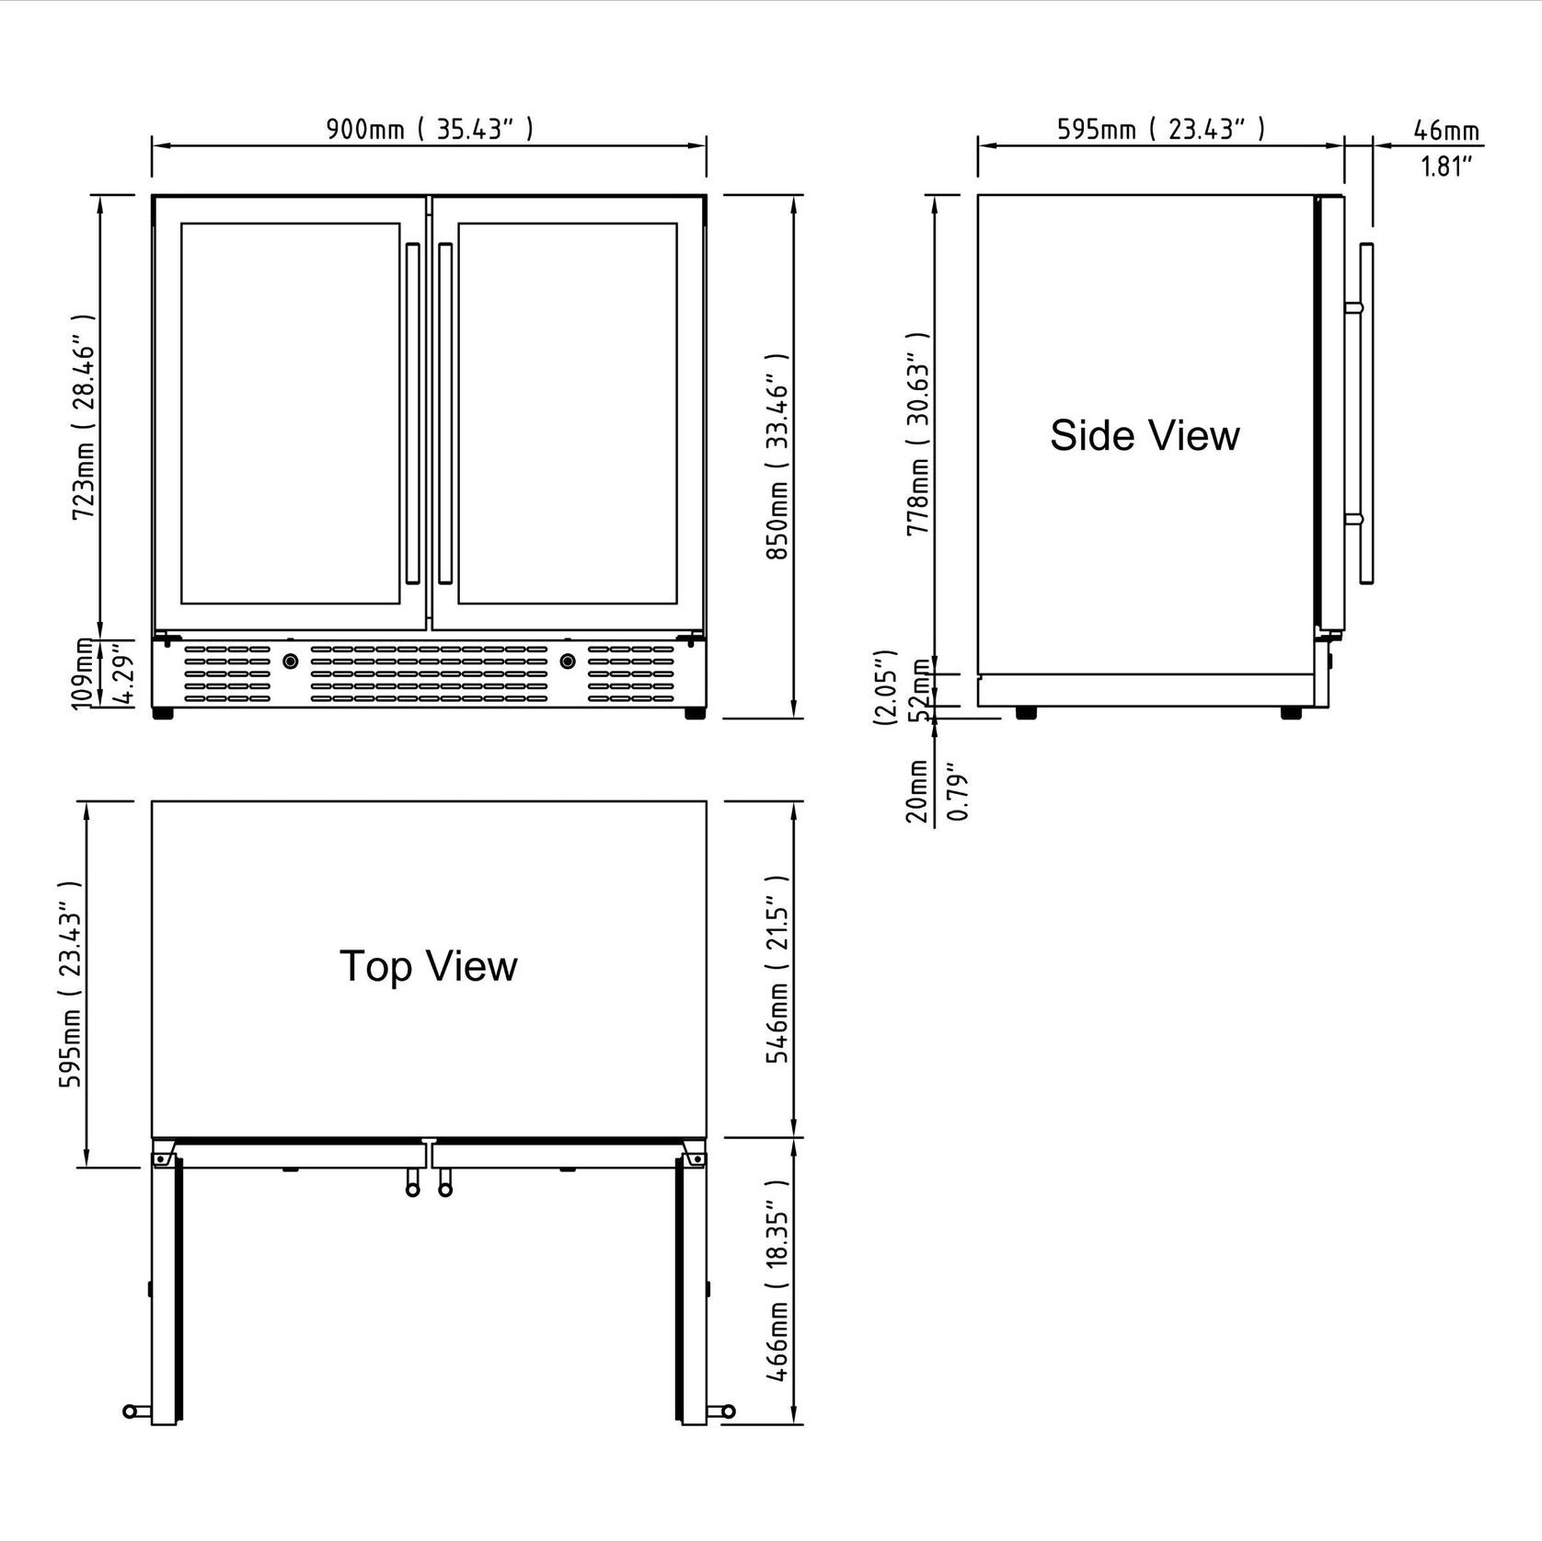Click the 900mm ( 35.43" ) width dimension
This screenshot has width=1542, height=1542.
429,129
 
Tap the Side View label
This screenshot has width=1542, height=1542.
1145,435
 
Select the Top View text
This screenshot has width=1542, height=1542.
429,966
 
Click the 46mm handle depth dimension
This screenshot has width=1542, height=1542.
1446,131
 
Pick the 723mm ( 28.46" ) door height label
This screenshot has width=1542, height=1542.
84,429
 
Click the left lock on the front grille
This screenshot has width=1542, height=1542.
291,661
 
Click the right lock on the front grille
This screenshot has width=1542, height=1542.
568,661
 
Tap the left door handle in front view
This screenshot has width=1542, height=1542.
412,413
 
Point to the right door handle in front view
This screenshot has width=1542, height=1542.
445,413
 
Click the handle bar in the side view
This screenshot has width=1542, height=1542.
1366,413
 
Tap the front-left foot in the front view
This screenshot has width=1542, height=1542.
163,713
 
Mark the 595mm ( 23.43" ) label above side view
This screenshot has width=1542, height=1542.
1160,129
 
